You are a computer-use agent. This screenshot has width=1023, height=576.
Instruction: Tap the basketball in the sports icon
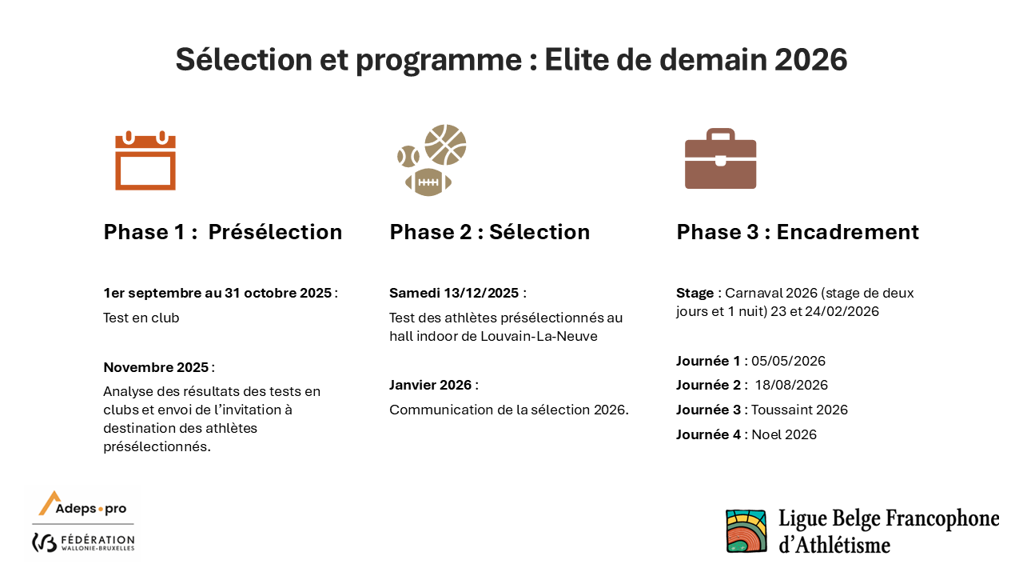(x=445, y=145)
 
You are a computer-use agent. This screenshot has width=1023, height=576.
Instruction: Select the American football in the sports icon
(x=428, y=182)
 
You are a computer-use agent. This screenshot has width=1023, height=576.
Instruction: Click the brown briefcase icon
(x=720, y=158)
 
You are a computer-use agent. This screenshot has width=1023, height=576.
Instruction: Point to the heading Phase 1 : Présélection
(x=223, y=232)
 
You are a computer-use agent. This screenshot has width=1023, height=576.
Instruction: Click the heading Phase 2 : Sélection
(x=490, y=232)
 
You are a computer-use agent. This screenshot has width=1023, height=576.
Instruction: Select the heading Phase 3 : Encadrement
(x=798, y=232)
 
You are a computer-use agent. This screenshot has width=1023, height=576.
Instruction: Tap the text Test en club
(x=141, y=318)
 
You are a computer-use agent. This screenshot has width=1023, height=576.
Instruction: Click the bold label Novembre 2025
(x=156, y=367)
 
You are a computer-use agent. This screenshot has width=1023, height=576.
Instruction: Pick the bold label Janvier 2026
(x=430, y=385)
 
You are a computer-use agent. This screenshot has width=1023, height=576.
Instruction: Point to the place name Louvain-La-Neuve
(x=539, y=336)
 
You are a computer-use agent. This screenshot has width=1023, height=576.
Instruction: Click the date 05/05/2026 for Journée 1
(x=788, y=361)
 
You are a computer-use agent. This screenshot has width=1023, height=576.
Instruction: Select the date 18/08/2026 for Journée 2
(x=791, y=385)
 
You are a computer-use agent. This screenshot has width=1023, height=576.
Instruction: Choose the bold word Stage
(x=695, y=293)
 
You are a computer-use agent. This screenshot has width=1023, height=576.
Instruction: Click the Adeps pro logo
(x=82, y=503)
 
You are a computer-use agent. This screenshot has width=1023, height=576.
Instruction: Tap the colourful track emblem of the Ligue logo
(x=746, y=530)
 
